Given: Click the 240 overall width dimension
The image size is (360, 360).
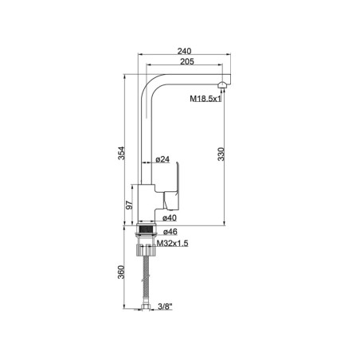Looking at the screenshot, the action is point(184,51).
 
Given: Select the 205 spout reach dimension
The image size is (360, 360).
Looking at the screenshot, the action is point(187,61).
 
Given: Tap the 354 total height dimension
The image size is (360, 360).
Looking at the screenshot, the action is point(121,153).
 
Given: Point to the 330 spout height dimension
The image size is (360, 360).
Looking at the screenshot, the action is point(221,155).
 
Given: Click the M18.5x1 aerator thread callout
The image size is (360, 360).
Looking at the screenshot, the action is point(205,99).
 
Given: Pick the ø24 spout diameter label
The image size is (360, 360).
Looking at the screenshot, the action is point(162,159).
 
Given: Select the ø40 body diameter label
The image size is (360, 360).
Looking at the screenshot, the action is point(170,218).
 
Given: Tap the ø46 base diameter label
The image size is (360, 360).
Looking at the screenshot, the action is point(170,232).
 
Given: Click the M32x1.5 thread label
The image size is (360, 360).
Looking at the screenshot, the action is point(173,243).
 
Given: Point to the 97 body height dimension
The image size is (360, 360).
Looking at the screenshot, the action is point(129,205).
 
